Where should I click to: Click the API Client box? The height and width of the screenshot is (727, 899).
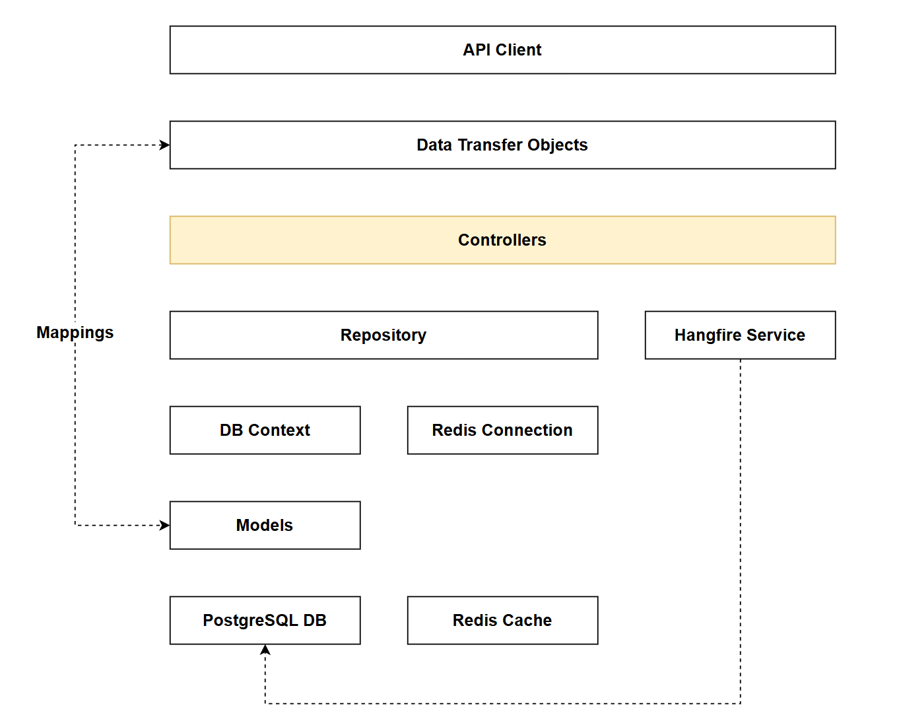coord(502,50)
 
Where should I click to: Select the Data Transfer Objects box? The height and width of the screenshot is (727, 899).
coord(502,145)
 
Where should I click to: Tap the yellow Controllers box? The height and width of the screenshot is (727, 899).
coord(502,240)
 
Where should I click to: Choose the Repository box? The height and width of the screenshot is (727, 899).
coord(383,335)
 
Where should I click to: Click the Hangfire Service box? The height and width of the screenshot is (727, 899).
coord(740,335)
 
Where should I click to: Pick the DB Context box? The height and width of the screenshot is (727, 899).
coord(265,431)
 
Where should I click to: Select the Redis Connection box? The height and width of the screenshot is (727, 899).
coord(502,431)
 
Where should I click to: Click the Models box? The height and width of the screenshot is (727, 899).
coord(265,526)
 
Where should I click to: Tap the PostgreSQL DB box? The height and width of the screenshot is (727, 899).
coord(265,621)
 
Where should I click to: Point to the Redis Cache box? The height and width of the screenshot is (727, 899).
coord(502,621)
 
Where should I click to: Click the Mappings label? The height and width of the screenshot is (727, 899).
coord(75,333)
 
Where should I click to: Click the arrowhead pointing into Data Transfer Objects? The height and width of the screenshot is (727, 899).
coord(165,145)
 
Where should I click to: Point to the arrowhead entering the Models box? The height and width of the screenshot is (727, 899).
coord(165,526)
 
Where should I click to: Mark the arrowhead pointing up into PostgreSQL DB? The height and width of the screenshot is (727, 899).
coord(265,650)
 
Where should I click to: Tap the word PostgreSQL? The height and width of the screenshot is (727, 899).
coord(250,621)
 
